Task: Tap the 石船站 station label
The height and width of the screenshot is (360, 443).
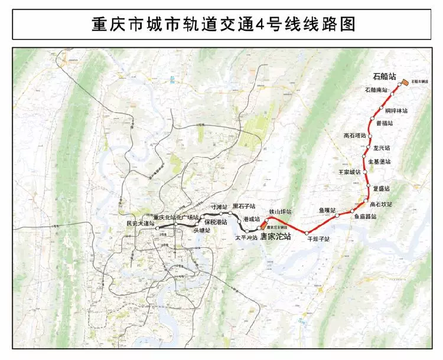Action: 385,76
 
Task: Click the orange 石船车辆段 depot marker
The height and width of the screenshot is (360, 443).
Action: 404,83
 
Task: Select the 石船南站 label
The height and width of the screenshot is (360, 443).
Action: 376,90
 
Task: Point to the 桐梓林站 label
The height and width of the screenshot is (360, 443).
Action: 396,110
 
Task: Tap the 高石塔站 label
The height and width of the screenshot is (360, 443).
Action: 355,135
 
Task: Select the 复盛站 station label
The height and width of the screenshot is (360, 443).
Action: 382,188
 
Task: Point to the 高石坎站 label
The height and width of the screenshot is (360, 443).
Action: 381,204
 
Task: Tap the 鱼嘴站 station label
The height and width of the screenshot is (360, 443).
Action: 327,210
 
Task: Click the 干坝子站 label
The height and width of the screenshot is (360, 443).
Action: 318,239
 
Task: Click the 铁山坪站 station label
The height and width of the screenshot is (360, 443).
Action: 281,211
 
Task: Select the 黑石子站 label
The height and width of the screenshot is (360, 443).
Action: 243,207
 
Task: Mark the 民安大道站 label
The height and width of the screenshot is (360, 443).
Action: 140,224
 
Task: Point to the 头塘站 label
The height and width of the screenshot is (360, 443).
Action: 202,230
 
